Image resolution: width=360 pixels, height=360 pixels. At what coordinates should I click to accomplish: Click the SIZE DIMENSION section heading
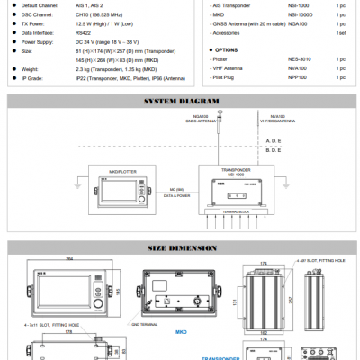(179, 247)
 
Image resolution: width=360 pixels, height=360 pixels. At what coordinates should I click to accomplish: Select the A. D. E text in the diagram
(274, 141)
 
